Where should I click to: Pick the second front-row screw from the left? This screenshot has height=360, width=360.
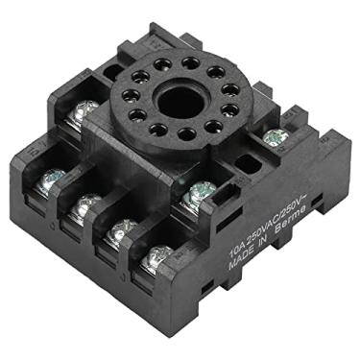pyautogui.click(x=87, y=204)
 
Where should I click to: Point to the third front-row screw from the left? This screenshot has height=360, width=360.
pyautogui.click(x=123, y=230)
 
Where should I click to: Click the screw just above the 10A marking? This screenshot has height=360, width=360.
pyautogui.click(x=199, y=192)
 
